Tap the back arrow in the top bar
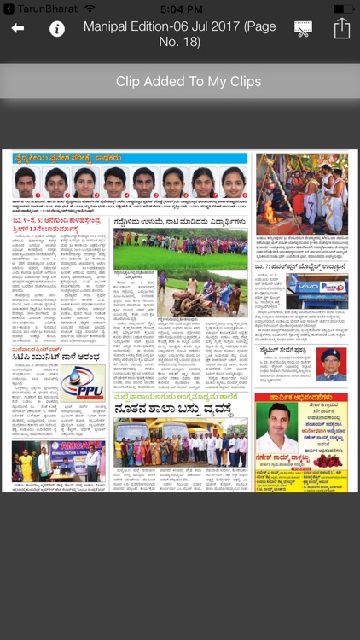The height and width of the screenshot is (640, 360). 18,29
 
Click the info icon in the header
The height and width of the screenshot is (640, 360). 57,29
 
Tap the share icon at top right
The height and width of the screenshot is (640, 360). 341,28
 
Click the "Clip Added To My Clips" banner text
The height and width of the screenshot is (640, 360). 180,82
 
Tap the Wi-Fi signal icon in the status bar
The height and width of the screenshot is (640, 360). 89,8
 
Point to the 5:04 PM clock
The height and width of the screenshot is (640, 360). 180,8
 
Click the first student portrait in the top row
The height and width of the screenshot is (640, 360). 26,182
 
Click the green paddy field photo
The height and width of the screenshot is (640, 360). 180,248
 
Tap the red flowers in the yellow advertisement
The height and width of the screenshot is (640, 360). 328,460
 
